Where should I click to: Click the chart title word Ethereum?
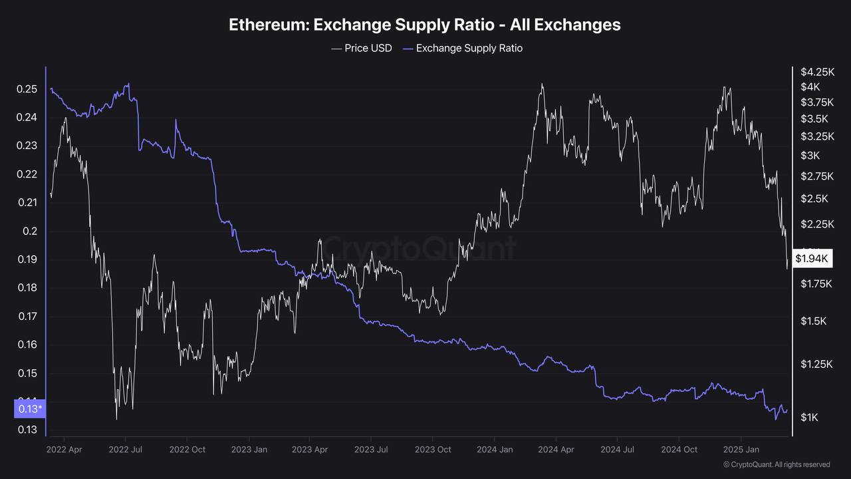click(268, 25)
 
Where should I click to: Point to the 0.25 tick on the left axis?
click(27, 89)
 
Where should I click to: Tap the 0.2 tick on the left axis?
click(31, 231)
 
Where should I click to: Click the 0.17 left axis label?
click(27, 316)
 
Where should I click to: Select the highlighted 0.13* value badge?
click(30, 408)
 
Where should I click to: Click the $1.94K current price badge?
click(812, 258)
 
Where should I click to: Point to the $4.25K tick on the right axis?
click(817, 72)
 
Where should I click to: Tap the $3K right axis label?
click(810, 156)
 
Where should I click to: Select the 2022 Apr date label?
click(64, 450)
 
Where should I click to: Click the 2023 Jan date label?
click(249, 450)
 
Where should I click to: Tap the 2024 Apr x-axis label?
click(556, 450)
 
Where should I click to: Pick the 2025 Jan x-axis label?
click(741, 450)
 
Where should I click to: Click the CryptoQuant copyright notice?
click(777, 464)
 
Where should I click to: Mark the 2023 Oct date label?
click(433, 450)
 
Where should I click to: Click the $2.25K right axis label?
click(816, 224)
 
